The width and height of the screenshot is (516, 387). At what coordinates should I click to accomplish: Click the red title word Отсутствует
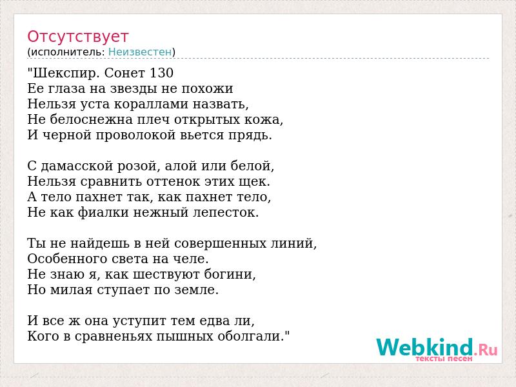tap(77, 37)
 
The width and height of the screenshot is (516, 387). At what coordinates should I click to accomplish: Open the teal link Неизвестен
tap(140, 52)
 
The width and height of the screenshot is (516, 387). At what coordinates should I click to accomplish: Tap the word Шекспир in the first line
tap(65, 74)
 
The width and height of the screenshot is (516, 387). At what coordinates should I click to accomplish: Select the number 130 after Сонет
tap(161, 73)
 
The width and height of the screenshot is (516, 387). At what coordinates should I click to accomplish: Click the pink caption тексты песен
tap(444, 359)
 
